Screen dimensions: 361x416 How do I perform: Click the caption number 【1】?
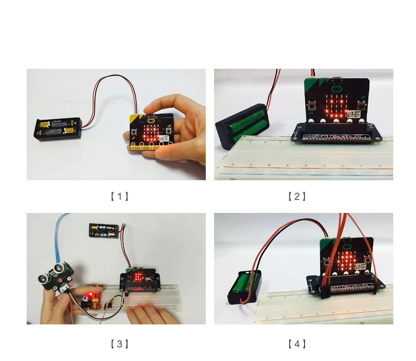(x=119, y=196)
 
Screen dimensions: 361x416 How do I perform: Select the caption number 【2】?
(x=297, y=196)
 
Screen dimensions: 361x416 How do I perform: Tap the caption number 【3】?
(x=119, y=344)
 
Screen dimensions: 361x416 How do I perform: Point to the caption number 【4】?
(x=297, y=344)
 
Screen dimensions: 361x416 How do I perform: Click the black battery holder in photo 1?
(x=58, y=128)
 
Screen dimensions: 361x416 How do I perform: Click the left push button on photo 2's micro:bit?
(x=313, y=105)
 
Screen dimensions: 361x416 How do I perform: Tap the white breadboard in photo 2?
(x=311, y=161)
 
